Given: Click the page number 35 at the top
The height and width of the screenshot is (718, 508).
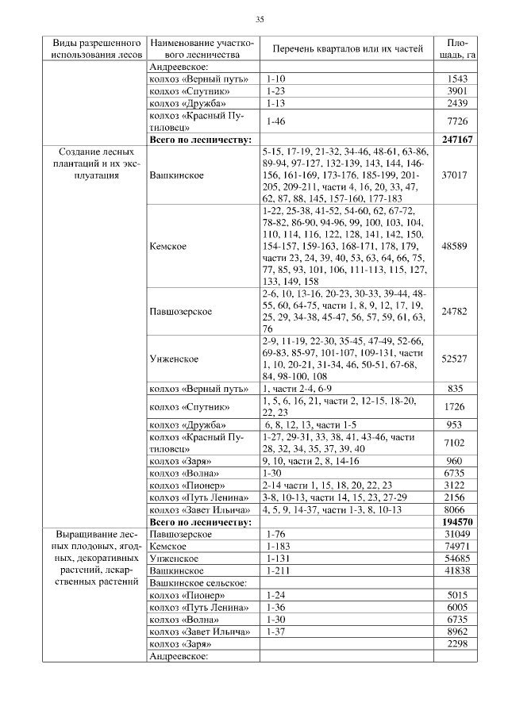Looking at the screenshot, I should tap(259, 19).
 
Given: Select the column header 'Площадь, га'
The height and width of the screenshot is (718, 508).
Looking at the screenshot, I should tap(456, 48).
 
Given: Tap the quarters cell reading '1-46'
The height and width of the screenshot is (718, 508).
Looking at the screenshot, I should tap(275, 121).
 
